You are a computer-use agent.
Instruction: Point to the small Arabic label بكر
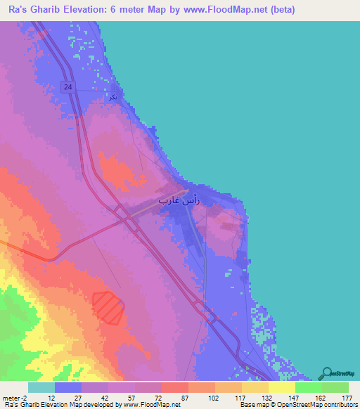[113, 97]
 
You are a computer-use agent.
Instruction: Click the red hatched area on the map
[108, 307]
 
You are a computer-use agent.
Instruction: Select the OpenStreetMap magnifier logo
[326, 373]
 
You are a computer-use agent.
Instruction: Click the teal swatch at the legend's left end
[41, 387]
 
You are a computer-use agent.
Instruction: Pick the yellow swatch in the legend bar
[281, 387]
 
